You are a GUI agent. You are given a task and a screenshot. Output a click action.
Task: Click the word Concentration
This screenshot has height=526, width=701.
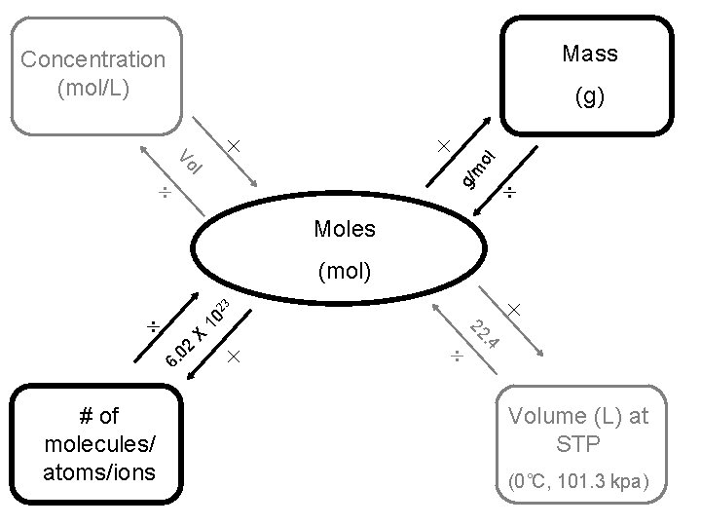(x=93, y=59)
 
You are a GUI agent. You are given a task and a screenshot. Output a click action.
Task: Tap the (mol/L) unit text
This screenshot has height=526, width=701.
(x=93, y=88)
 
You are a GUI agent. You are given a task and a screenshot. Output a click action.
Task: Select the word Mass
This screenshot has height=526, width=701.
(x=590, y=54)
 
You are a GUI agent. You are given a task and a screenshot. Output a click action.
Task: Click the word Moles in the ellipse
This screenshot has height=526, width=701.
(x=345, y=229)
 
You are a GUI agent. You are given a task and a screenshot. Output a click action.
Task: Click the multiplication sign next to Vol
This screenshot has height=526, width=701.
(x=233, y=146)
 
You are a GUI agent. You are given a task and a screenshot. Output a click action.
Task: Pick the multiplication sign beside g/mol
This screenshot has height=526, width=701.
(x=444, y=146)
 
